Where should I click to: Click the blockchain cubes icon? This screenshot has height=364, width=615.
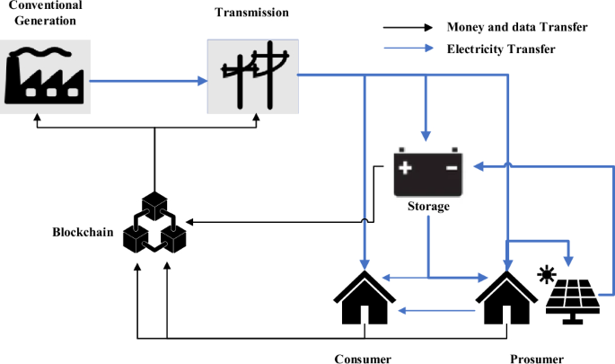pos(154,222)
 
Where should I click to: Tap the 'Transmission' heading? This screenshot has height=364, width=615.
pos(252,12)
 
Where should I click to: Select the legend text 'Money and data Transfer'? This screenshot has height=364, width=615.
pos(517,27)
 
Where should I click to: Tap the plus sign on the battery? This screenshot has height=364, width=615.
pos(408,167)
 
